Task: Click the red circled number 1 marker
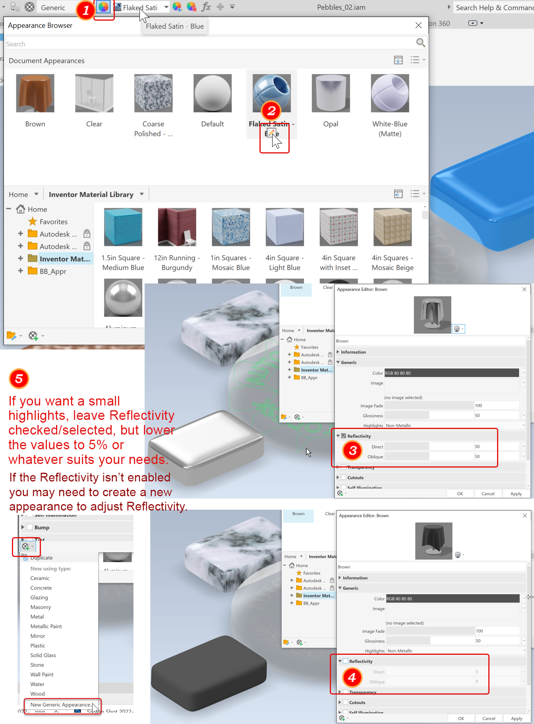(x=85, y=10)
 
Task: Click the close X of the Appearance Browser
(x=418, y=25)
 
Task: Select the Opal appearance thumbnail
(x=331, y=93)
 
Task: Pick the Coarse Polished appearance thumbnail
(x=153, y=93)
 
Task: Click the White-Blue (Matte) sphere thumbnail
(x=390, y=93)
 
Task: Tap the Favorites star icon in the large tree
(x=33, y=221)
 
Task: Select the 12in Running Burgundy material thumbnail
(x=177, y=227)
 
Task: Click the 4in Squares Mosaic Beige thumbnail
(x=393, y=227)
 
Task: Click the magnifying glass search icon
(x=420, y=43)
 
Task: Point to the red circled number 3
(x=352, y=450)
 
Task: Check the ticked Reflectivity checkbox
(x=344, y=436)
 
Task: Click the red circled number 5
(x=19, y=378)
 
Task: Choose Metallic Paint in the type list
(x=46, y=626)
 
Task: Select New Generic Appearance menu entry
(x=60, y=705)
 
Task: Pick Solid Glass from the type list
(x=43, y=655)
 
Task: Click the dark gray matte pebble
(x=209, y=672)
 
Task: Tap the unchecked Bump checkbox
(x=30, y=527)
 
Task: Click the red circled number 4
(x=352, y=677)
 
